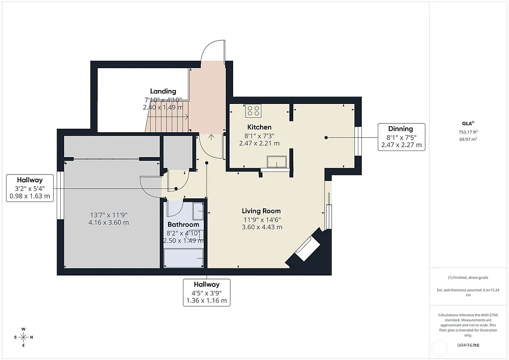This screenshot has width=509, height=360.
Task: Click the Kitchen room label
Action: pos(259,127)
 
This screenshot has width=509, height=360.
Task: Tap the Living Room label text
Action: pos(261,211)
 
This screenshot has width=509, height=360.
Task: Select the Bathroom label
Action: pos(183,225)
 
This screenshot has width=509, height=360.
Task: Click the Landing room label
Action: pos(163,91)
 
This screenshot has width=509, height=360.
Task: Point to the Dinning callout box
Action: pos(401,137)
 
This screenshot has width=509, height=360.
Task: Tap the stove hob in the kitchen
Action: pos(253,110)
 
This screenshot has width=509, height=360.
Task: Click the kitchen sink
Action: pos(276,162)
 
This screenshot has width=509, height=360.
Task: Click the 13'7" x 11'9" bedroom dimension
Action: pos(108,215)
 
